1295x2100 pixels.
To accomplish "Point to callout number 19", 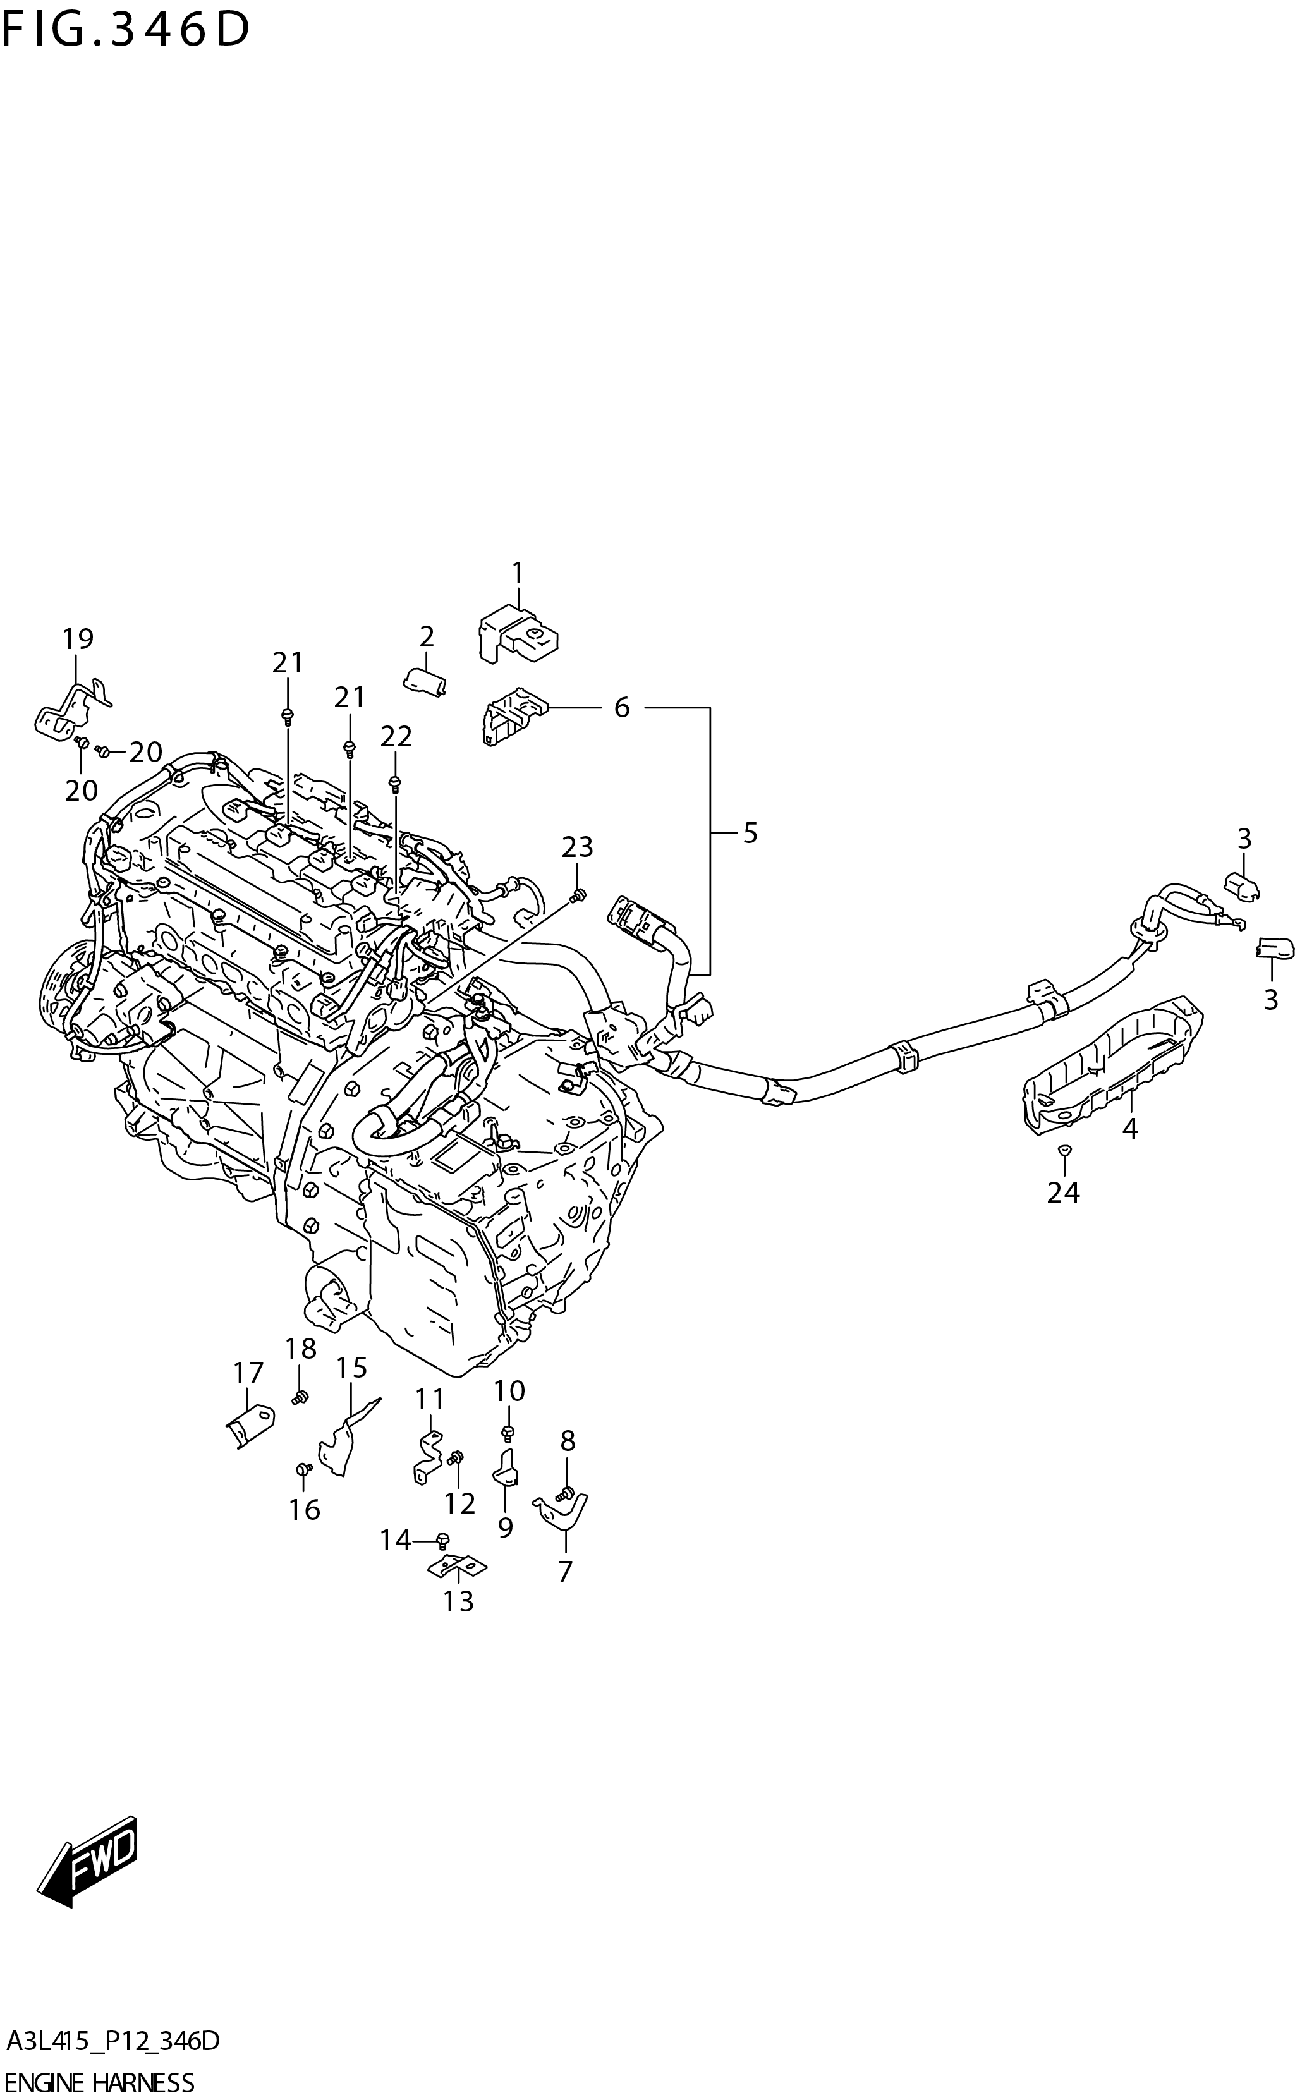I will click(78, 638).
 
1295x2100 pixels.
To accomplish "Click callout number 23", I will click(577, 847).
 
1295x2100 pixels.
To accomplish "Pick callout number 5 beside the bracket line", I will click(750, 832).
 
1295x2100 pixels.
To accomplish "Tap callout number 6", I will click(622, 707).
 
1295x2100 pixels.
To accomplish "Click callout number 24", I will click(1063, 1192).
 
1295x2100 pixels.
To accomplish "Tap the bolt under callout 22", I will click(395, 783).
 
